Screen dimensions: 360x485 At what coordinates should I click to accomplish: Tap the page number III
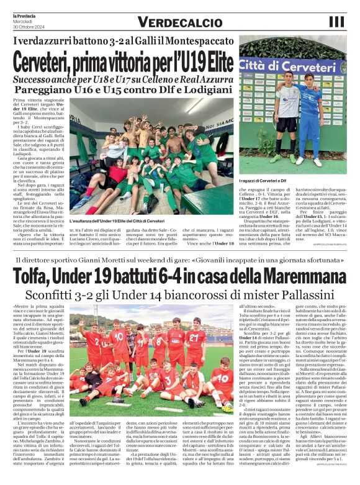337,22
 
